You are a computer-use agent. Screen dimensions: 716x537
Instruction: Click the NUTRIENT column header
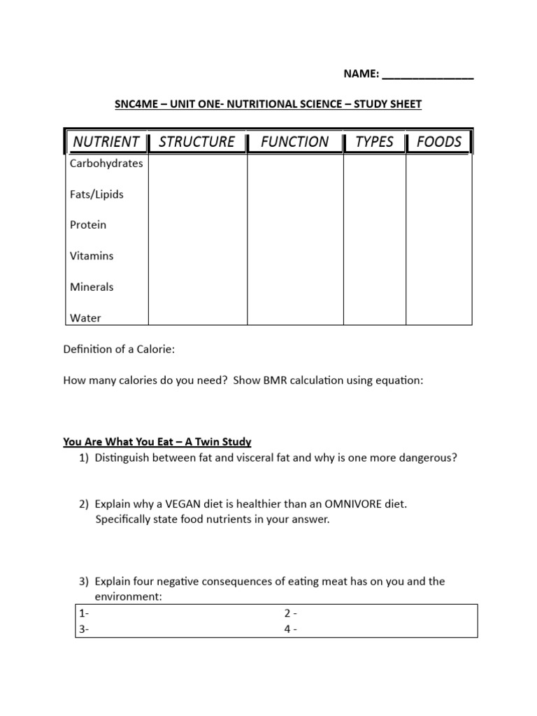point(106,142)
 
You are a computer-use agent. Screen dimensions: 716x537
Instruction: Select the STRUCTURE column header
point(197,142)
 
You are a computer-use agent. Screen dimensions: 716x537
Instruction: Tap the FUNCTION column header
point(294,142)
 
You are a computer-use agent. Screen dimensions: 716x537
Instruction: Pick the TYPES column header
point(374,142)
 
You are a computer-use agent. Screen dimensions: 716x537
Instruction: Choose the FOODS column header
point(439,142)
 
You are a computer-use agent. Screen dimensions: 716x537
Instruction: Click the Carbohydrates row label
point(106,164)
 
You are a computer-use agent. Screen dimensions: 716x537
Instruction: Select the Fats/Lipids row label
point(96,194)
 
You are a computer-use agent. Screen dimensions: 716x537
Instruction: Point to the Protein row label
point(88,225)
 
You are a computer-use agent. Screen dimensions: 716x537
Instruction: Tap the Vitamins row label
point(92,256)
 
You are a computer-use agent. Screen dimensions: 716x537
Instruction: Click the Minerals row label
point(92,287)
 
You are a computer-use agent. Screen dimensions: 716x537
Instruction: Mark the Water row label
point(85,318)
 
